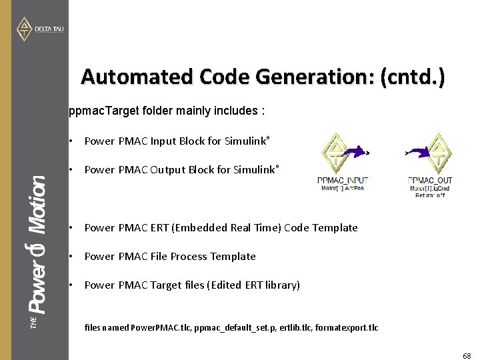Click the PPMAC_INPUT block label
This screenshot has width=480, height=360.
343,181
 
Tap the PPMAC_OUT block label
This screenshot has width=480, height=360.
431,181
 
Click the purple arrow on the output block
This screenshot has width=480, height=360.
417,153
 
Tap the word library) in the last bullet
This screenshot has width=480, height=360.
282,285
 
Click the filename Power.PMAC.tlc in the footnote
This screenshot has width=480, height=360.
161,328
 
